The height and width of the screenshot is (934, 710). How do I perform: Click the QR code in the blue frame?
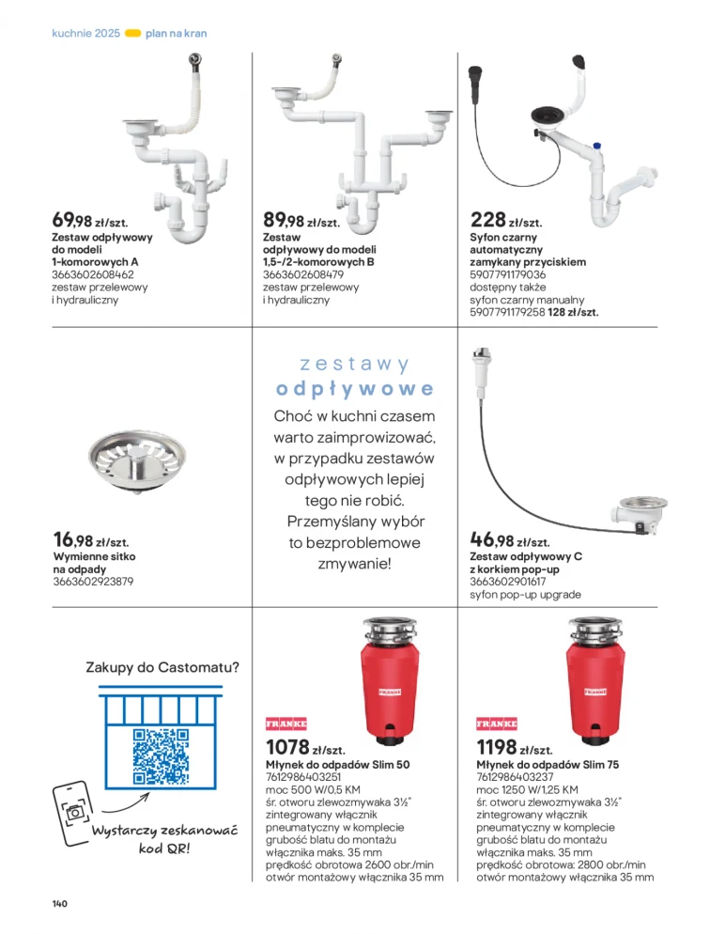pos(161,755)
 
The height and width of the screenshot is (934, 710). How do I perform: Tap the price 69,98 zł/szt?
pos(90,221)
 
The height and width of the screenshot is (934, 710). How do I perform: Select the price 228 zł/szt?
pos(506,221)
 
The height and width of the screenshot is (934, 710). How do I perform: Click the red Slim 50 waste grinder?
pos(390,681)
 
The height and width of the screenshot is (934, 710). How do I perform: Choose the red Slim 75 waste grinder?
pos(595,681)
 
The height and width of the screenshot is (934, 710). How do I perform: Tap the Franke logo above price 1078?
pos(286,724)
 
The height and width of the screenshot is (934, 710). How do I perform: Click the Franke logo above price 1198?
pos(497,724)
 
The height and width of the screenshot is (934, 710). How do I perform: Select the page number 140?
pos(59,904)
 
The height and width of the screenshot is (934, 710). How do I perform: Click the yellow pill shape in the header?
pos(132,34)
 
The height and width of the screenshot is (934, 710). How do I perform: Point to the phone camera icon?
pos(74,813)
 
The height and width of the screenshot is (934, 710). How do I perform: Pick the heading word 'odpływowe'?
pos(355,390)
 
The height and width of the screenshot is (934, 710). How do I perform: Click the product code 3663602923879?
pos(93,582)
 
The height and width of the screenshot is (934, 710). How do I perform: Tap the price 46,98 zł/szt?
pos(510,540)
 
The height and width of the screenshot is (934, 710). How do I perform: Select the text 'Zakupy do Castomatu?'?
pos(162,667)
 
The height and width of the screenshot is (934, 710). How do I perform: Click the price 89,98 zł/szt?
pos(301,221)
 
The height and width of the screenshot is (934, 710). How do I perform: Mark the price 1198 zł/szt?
pos(515,747)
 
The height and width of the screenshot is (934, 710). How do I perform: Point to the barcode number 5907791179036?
pos(508,274)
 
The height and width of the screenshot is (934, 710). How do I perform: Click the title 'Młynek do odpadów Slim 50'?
pos(337,764)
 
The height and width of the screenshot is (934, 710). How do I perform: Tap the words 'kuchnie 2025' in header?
pos(86,34)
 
